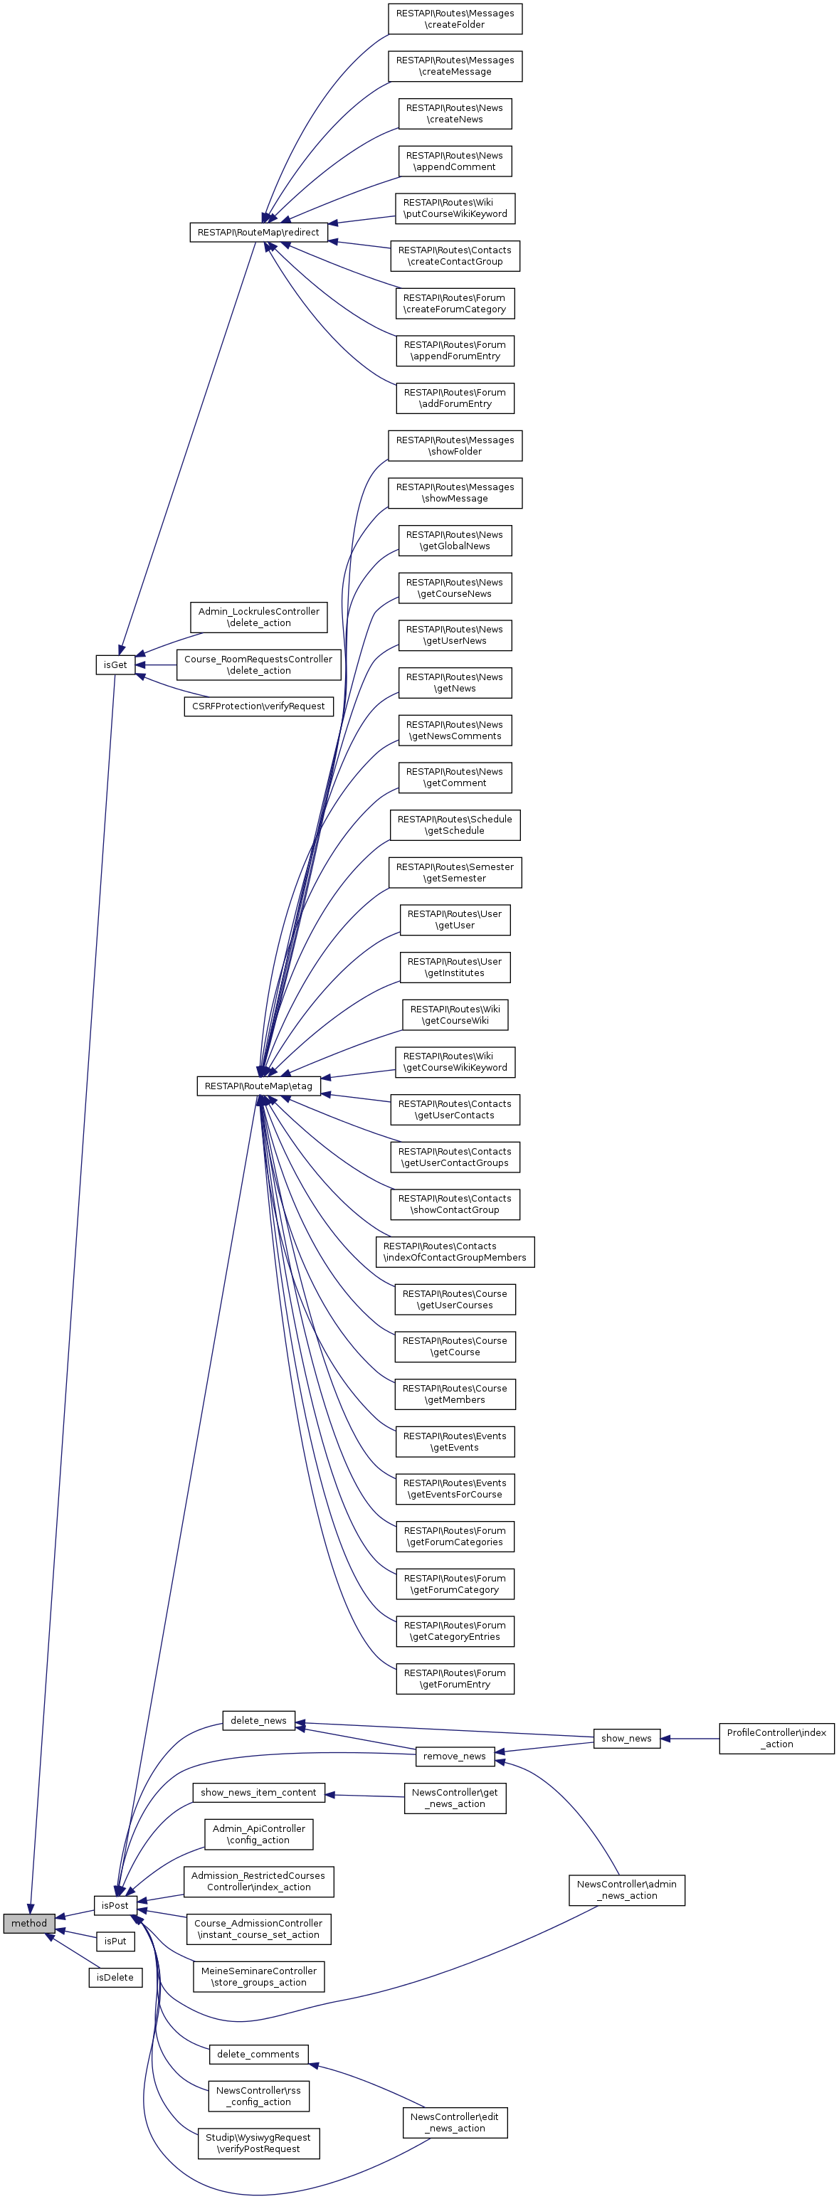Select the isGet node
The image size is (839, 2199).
pyautogui.click(x=115, y=665)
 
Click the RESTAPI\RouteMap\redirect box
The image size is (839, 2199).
pyautogui.click(x=258, y=232)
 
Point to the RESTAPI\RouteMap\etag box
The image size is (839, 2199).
pyautogui.click(x=258, y=1086)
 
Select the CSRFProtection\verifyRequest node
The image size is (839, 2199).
pyautogui.click(x=258, y=706)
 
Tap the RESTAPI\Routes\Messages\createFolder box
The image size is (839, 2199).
pyautogui.click(x=455, y=18)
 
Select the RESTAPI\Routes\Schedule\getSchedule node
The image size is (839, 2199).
pyautogui.click(x=455, y=825)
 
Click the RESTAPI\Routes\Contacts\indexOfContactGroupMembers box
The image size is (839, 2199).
pyautogui.click(x=455, y=1251)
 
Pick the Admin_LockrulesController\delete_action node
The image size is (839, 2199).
pyautogui.click(x=258, y=618)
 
